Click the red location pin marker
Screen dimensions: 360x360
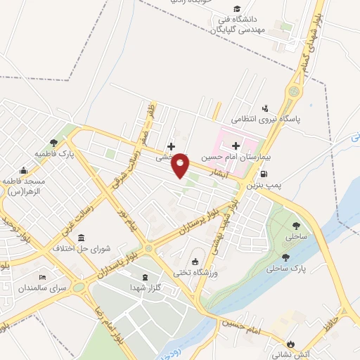(181, 165)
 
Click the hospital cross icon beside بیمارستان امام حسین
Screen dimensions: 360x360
(236, 144)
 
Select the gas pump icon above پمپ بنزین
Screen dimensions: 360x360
(264, 174)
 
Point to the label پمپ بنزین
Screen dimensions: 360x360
(263, 186)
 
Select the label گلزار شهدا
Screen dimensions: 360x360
(145, 288)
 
